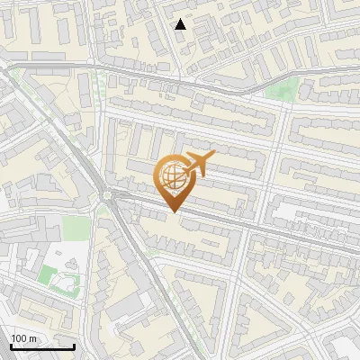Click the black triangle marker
click(181, 24)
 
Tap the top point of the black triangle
click(181, 18)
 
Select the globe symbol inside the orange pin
click(173, 176)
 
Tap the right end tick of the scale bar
click(74, 346)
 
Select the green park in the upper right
click(285, 88)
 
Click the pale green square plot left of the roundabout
click(76, 227)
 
